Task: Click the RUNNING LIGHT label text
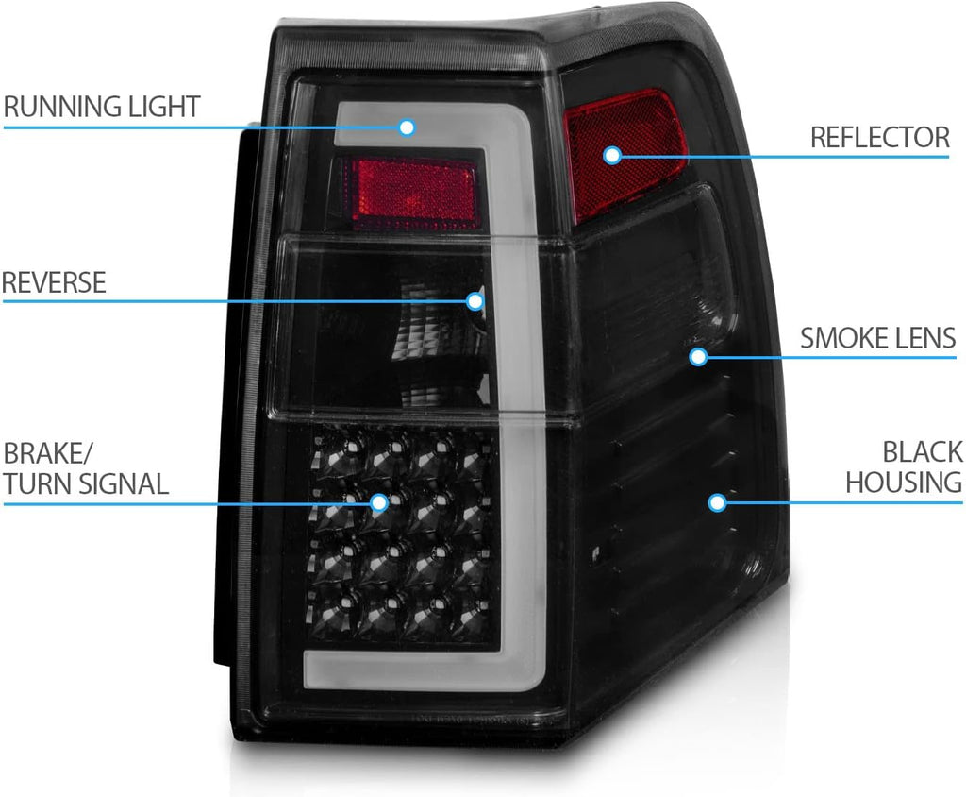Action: pos(102,107)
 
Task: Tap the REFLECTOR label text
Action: pos(880,137)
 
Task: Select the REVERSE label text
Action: pos(54,282)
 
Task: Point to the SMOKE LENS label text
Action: pos(878,338)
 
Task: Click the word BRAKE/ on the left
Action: pos(47,452)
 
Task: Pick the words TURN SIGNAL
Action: pos(86,483)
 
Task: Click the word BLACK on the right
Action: pos(923,451)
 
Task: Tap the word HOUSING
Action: pos(904,482)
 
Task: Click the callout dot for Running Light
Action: pos(407,127)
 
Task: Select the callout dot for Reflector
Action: pos(611,155)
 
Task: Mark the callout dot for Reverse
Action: pos(475,301)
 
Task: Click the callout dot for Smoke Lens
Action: pos(698,357)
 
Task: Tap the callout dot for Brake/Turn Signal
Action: pos(379,502)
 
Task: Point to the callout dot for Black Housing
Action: pos(717,502)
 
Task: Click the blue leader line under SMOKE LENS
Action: pos(827,357)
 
